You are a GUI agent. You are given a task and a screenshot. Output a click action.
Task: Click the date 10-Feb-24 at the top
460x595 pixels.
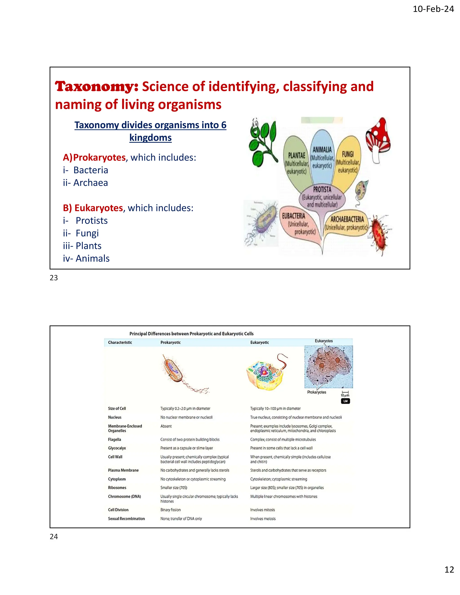click(433, 9)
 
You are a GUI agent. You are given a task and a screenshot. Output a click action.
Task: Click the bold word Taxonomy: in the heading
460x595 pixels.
click(97, 86)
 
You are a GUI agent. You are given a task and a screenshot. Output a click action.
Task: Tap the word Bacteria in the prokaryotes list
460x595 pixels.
click(91, 170)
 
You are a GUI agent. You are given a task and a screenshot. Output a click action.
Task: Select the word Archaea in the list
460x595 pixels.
click(91, 183)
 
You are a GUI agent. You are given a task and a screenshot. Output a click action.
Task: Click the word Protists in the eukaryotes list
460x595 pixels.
click(92, 220)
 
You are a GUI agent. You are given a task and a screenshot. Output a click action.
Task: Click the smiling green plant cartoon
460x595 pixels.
click(262, 141)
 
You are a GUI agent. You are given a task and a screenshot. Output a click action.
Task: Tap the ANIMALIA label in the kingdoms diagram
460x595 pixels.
click(322, 150)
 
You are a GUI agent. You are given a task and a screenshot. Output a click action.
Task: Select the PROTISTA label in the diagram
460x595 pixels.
click(322, 189)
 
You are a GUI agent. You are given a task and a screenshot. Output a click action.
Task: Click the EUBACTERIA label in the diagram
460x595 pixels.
click(294, 216)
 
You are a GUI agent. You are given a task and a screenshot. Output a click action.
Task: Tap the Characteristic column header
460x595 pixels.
click(120, 342)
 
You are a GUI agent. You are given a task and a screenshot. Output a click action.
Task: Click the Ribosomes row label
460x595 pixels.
click(117, 488)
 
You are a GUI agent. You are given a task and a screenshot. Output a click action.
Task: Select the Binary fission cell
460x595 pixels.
click(170, 510)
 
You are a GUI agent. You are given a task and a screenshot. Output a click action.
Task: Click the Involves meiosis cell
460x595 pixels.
click(263, 519)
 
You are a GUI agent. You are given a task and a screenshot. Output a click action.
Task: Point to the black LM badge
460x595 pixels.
click(345, 401)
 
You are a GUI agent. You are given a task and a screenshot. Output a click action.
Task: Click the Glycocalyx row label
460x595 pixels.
click(117, 448)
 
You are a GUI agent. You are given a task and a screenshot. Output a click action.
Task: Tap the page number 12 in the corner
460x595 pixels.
click(449, 569)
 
